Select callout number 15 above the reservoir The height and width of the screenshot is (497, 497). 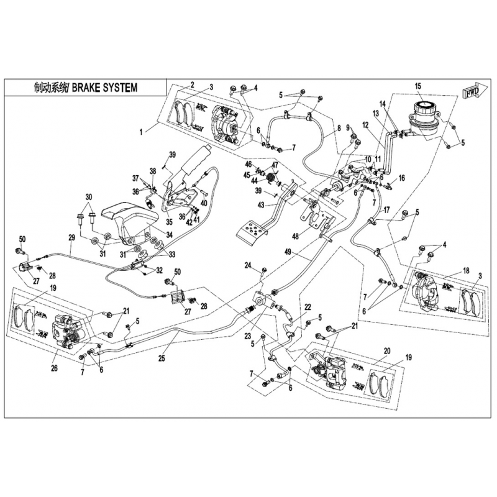pos(418,86)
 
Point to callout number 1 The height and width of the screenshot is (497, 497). pos(142,132)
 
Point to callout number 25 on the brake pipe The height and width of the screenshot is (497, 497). pos(162,358)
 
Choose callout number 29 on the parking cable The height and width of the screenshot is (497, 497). pos(71,238)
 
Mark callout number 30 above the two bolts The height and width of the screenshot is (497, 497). pos(89,197)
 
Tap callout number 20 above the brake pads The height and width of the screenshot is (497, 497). pos(387,351)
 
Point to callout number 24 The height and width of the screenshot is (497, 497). pos(247,266)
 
